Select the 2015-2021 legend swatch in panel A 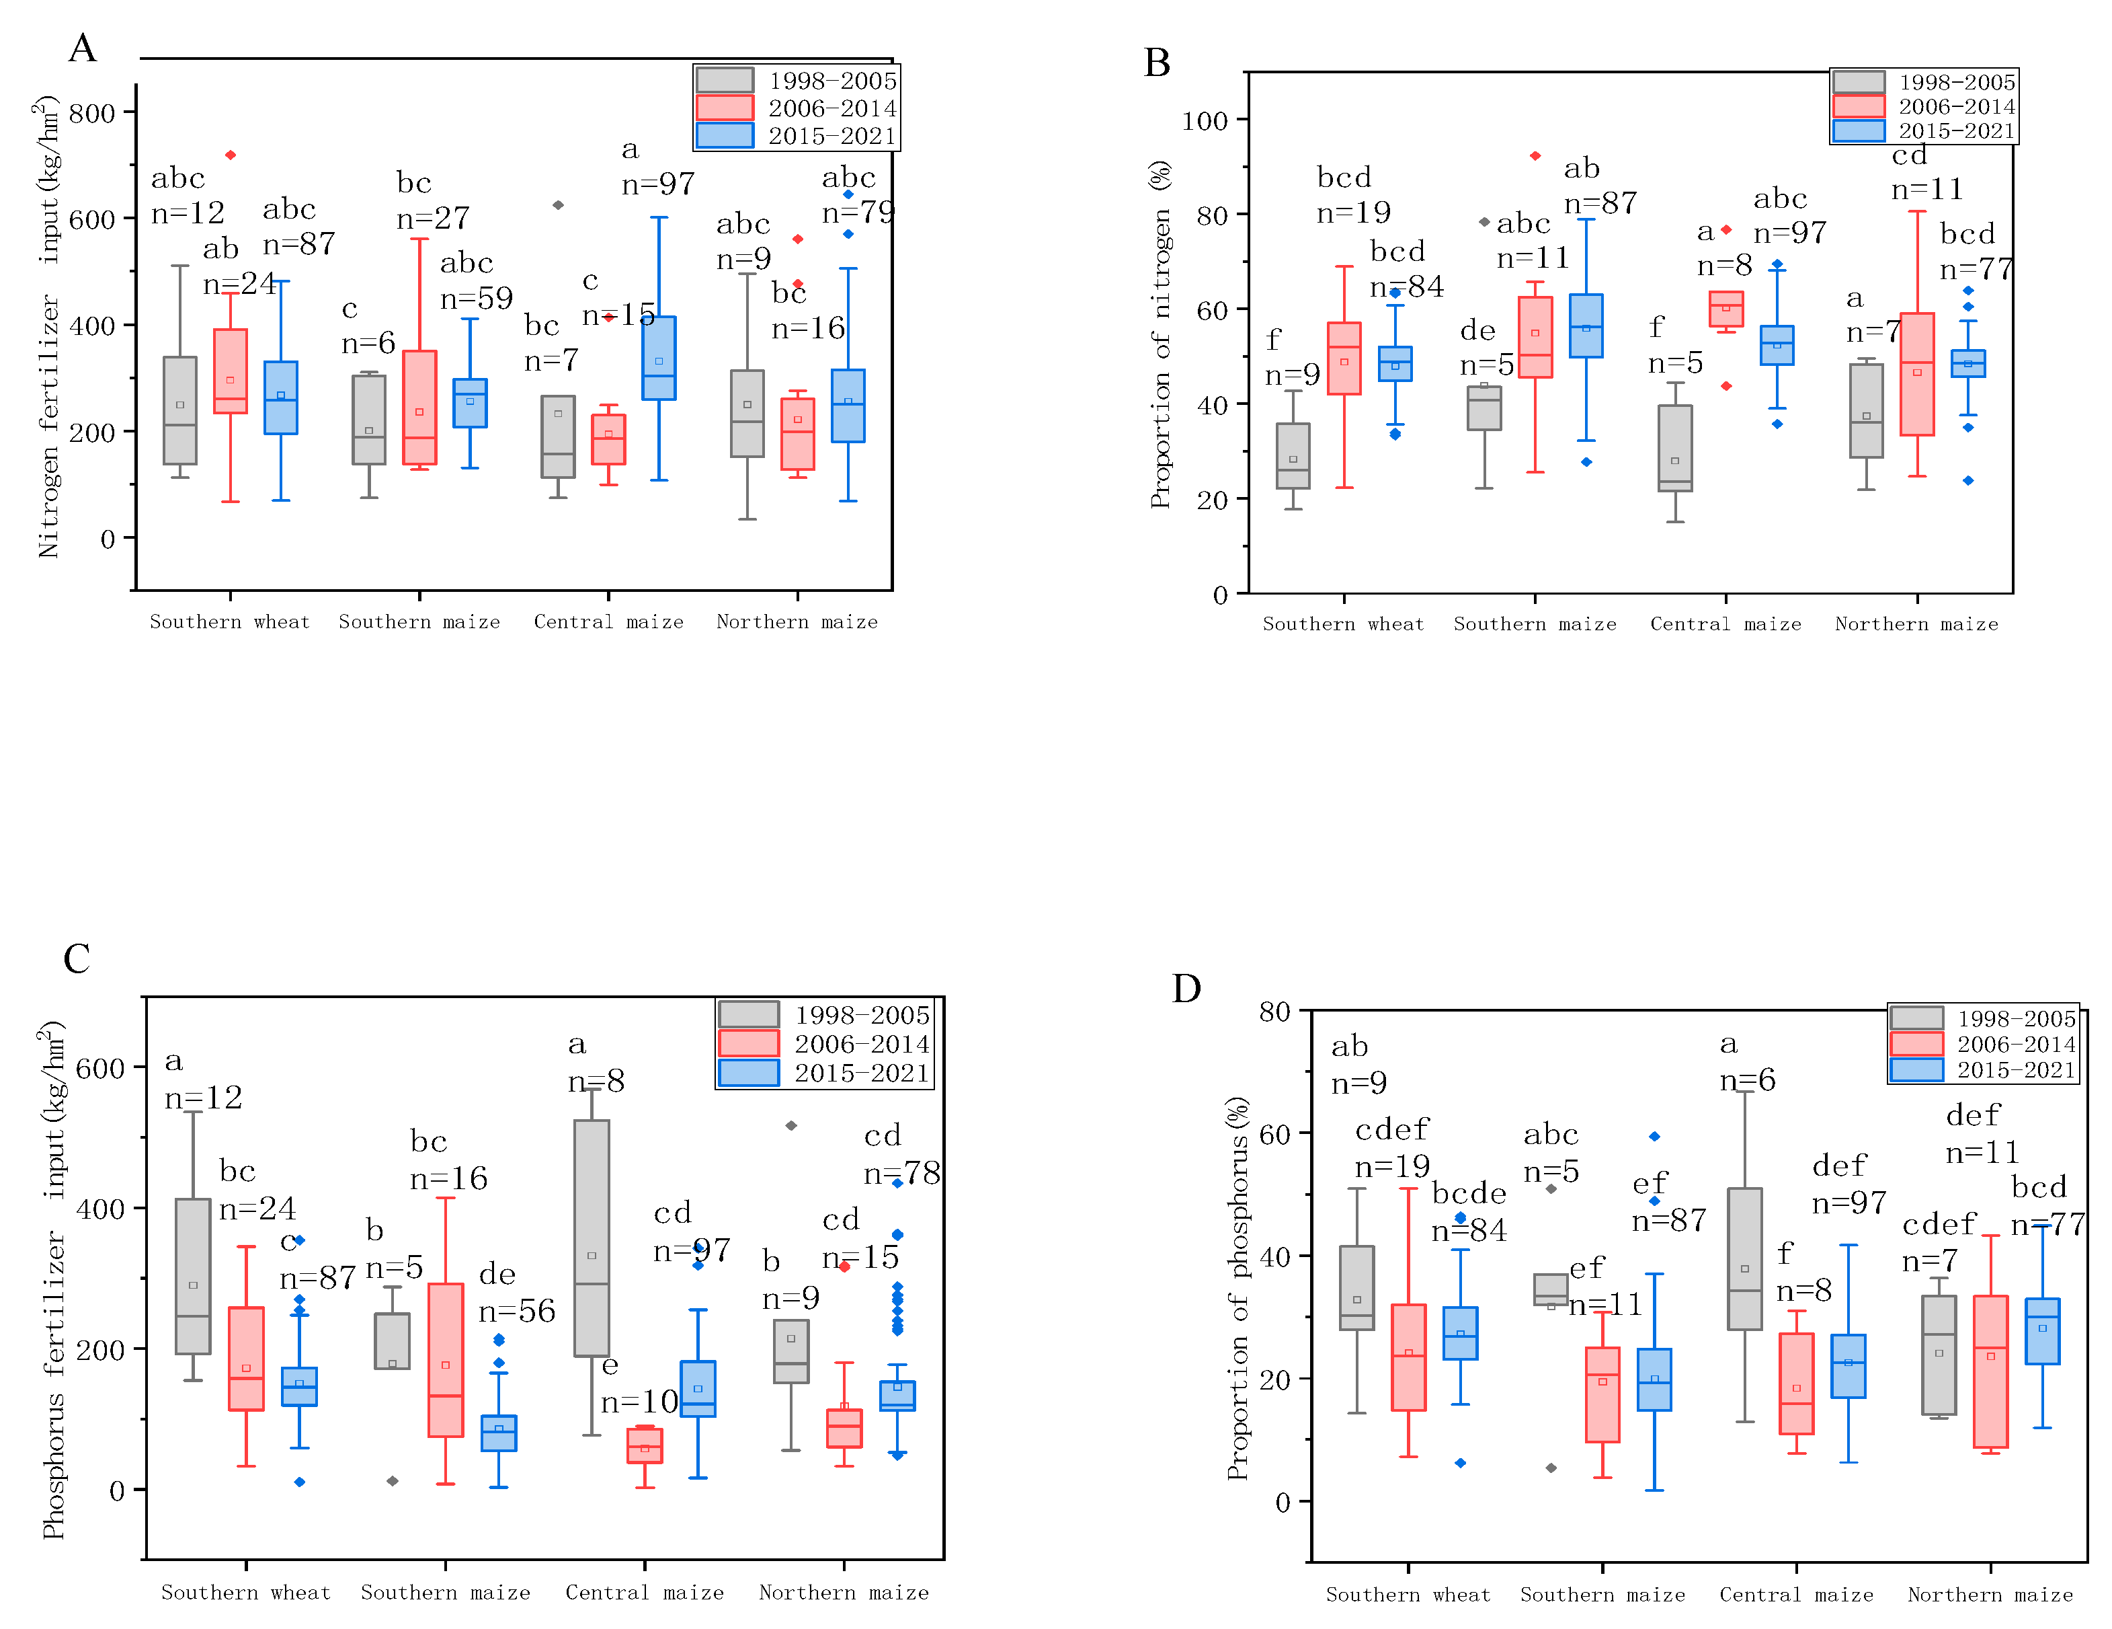(x=725, y=135)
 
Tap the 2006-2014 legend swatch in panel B (x=1858, y=106)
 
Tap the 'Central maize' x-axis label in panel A (x=608, y=622)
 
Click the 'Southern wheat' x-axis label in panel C (x=245, y=1592)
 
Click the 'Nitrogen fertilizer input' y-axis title (x=48, y=329)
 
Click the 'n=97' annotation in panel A (x=657, y=184)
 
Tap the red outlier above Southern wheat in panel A (x=230, y=155)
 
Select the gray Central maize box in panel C (x=592, y=1238)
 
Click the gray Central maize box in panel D (x=1744, y=1258)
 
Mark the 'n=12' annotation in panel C (x=203, y=1097)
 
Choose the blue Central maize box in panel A (x=659, y=358)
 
